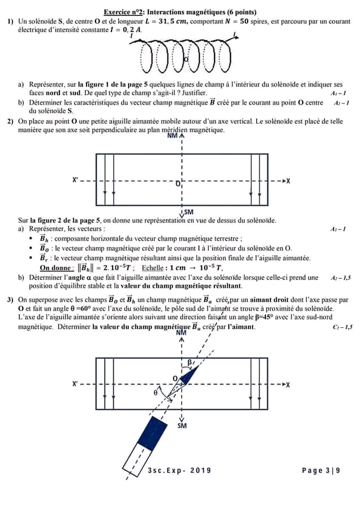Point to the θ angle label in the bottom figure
coord(156,393)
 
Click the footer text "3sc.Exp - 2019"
coord(179,470)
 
